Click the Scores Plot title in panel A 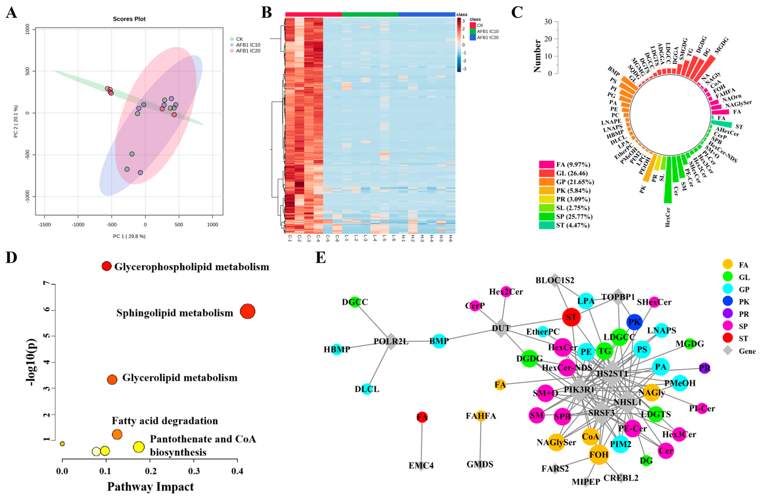(x=129, y=19)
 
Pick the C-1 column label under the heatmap (x=290, y=238)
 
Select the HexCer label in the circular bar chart (x=667, y=217)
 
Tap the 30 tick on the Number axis (x=548, y=22)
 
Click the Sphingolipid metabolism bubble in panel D (x=247, y=311)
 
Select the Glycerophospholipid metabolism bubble (x=106, y=266)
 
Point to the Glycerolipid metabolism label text (x=180, y=378)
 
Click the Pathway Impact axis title (x=150, y=487)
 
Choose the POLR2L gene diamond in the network (x=391, y=341)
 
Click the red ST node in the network (x=571, y=317)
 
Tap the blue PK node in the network (x=634, y=322)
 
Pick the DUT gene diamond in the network (x=501, y=328)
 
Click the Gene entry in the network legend (x=747, y=351)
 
